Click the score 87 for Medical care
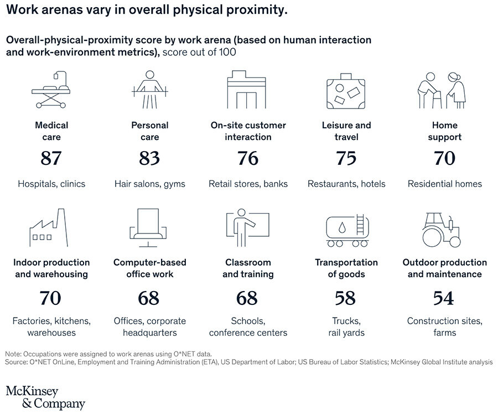coord(51,158)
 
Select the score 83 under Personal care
coord(149,158)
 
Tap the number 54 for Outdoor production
coord(444,298)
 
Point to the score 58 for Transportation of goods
coord(345,298)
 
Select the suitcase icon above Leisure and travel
coord(346,92)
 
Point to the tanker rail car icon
coord(346,230)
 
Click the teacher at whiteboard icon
coord(247,229)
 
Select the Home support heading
coord(444,131)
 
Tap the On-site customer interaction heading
coord(248,131)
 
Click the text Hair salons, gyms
coord(149,184)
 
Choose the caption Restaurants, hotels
coord(346,184)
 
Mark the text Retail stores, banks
coord(248,184)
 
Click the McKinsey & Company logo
coord(45,397)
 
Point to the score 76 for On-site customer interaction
coord(248,158)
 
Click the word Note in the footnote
coord(14,354)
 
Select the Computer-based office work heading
coord(149,268)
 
